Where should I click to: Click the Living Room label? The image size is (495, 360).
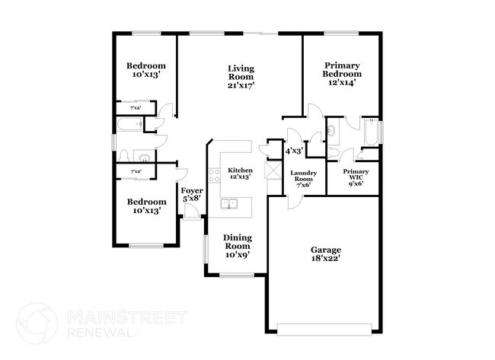coord(241,77)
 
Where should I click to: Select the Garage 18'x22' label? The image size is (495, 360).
coord(325,253)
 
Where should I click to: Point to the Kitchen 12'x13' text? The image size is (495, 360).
coord(241,173)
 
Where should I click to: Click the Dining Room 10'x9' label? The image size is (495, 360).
coord(237,245)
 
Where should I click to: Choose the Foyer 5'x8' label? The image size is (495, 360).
coord(192,194)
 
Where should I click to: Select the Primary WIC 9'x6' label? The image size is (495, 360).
coord(355,177)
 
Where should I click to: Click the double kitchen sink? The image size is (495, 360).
coord(228,204)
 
